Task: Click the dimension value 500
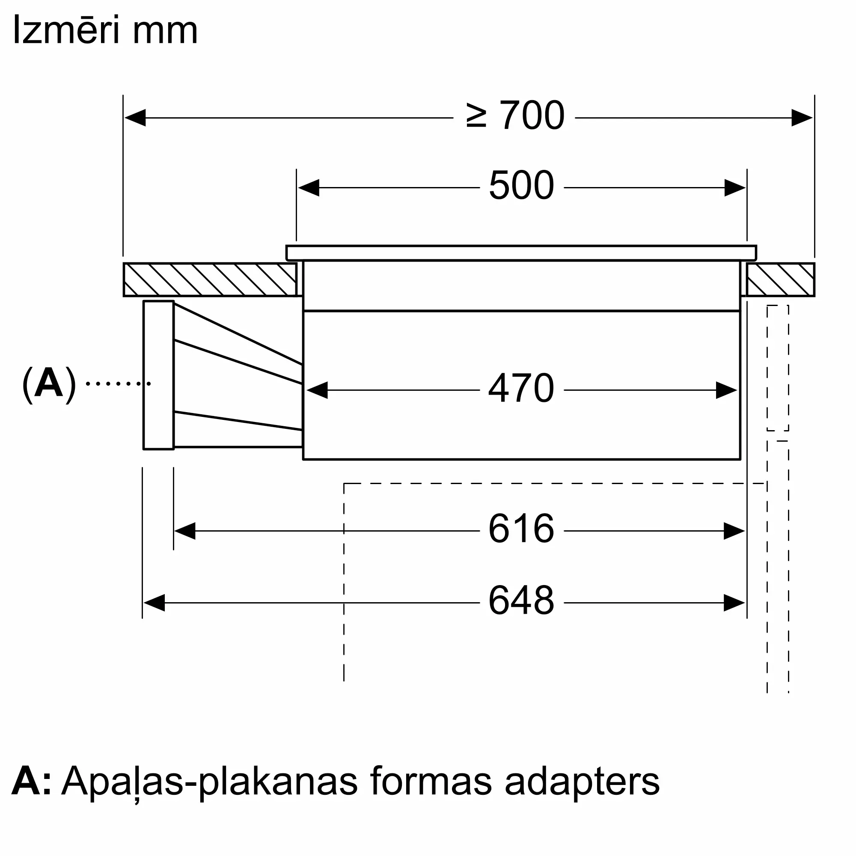click(x=521, y=185)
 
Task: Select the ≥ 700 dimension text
click(x=515, y=116)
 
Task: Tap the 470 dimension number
click(x=521, y=388)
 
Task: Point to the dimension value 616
click(x=521, y=528)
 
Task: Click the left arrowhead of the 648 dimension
click(x=154, y=603)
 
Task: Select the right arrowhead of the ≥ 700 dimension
click(x=802, y=118)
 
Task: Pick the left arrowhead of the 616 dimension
click(x=185, y=531)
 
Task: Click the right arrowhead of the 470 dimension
click(x=727, y=390)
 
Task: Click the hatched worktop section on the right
click(x=780, y=279)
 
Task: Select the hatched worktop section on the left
click(x=210, y=279)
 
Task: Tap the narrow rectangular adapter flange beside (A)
click(x=159, y=375)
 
